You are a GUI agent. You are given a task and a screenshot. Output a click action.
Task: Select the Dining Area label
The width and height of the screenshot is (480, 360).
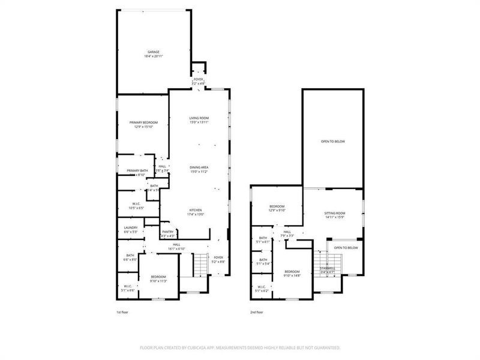tap(199, 169)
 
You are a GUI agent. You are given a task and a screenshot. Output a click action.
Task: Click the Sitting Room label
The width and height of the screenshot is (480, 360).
tap(335, 215)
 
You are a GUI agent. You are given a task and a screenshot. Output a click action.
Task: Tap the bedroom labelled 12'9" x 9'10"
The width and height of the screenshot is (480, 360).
tap(277, 208)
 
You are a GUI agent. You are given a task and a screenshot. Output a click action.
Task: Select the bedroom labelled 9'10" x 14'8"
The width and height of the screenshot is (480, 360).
tap(292, 273)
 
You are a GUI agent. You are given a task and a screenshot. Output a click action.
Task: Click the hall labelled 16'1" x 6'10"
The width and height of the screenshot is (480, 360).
tap(176, 246)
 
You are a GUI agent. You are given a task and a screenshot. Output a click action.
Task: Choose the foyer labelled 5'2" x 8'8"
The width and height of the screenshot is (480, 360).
tap(218, 259)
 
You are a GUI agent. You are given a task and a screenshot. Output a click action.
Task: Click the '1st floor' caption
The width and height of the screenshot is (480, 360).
tap(122, 313)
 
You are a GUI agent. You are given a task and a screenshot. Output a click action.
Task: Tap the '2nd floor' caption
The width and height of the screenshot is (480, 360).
tap(257, 313)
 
